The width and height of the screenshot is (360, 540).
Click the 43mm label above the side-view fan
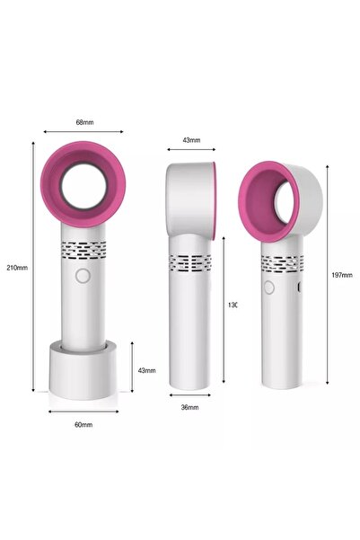[191, 141]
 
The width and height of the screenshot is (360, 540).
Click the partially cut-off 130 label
[232, 305]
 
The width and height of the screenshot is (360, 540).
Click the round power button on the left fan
[82, 278]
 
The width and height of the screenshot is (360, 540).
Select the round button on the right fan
[268, 287]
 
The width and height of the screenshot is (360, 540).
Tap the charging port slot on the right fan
[298, 288]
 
